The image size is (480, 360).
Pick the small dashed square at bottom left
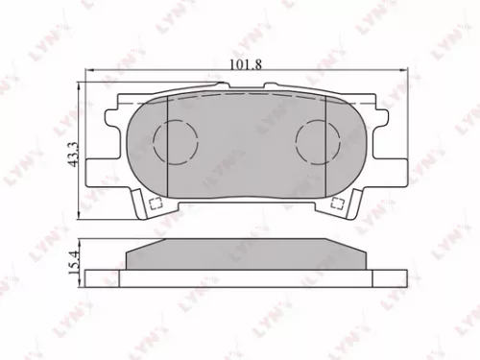154,203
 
